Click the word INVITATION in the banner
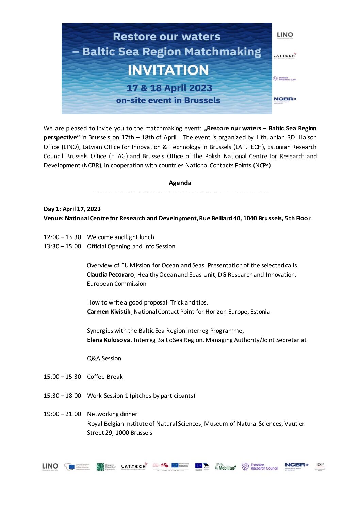pos(168,70)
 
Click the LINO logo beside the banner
pos(285,35)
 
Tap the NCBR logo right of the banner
pos(285,99)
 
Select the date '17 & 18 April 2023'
pos(169,88)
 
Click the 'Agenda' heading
pos(180,183)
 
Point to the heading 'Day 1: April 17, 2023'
pos(72,209)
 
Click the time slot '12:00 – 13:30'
pos(62,237)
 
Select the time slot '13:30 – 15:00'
pos(62,246)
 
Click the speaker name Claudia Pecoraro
pos(110,275)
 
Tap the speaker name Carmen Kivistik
pos(109,312)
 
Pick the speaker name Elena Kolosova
pos(109,340)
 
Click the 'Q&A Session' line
pos(104,358)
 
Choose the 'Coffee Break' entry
pos(105,377)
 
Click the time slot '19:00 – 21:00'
pos(62,414)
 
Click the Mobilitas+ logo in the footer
pos(226,467)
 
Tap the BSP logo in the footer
pos(320,466)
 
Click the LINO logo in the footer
pos(50,466)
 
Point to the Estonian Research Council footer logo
pos(260,466)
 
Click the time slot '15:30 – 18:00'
pos(62,396)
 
